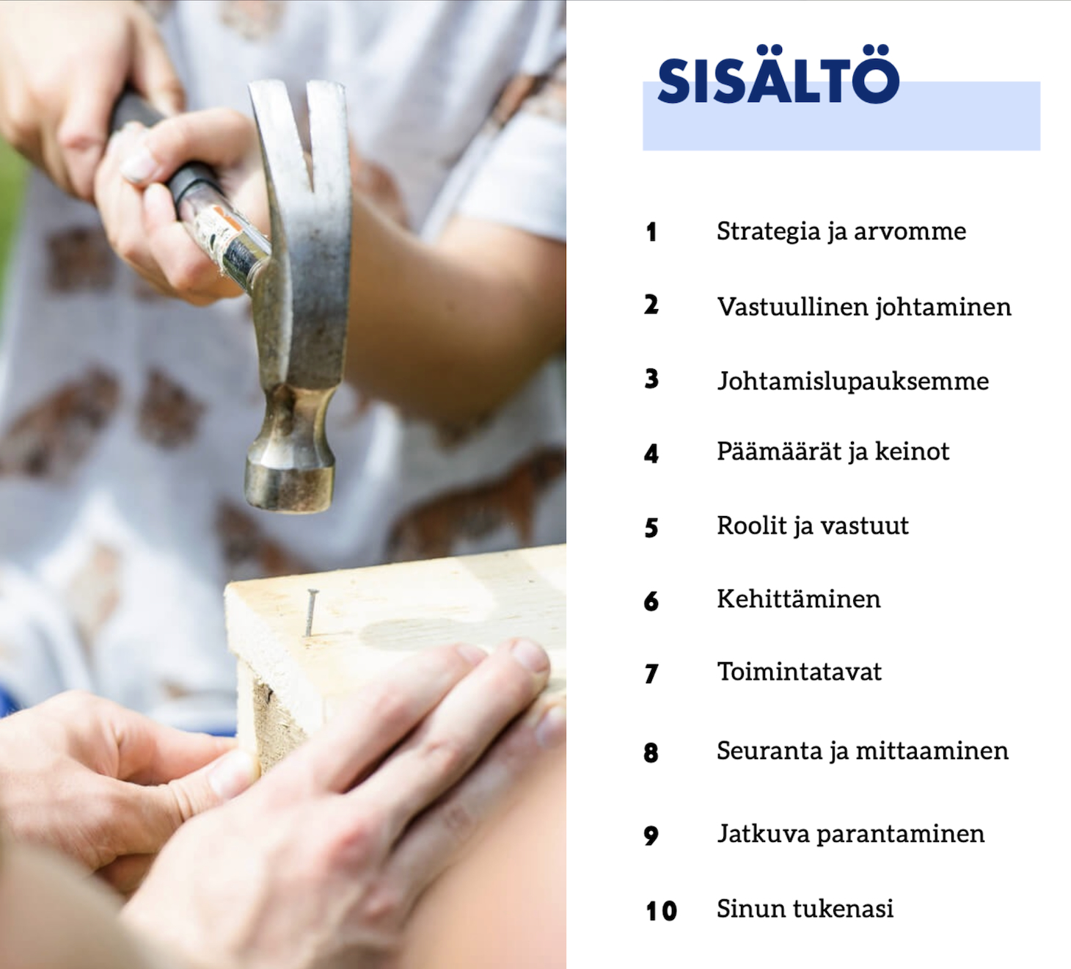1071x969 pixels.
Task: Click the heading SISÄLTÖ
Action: (778, 75)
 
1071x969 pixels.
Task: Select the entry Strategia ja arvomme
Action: (841, 232)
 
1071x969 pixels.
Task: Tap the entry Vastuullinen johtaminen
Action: (864, 308)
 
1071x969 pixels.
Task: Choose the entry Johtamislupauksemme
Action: (852, 381)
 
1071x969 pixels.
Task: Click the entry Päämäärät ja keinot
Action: (833, 452)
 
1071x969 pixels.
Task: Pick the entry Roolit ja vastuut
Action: (813, 526)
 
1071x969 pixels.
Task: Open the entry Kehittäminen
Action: (799, 598)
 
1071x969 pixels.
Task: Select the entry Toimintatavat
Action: (800, 671)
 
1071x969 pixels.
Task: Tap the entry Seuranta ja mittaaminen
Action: (863, 751)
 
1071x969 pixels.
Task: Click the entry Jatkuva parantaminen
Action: (851, 835)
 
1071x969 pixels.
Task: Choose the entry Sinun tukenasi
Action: (805, 909)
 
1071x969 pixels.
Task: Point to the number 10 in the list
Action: (661, 911)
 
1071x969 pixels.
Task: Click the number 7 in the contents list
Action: (651, 673)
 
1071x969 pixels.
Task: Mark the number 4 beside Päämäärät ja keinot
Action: (651, 454)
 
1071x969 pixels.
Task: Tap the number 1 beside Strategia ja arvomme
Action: (651, 233)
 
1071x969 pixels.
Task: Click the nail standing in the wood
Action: (311, 612)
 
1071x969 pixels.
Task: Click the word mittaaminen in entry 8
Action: (932, 751)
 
